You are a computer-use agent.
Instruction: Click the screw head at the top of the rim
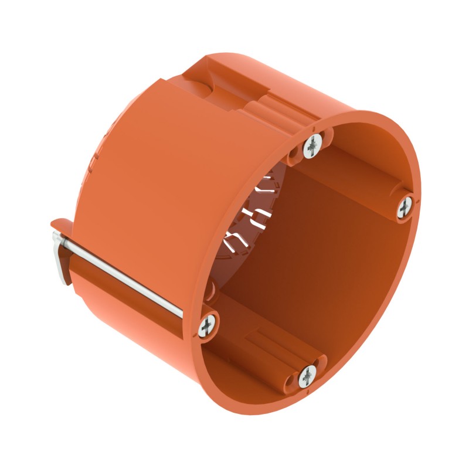pos(313,145)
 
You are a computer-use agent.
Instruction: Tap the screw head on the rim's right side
pos(405,206)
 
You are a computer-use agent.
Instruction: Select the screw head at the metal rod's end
pos(208,324)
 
